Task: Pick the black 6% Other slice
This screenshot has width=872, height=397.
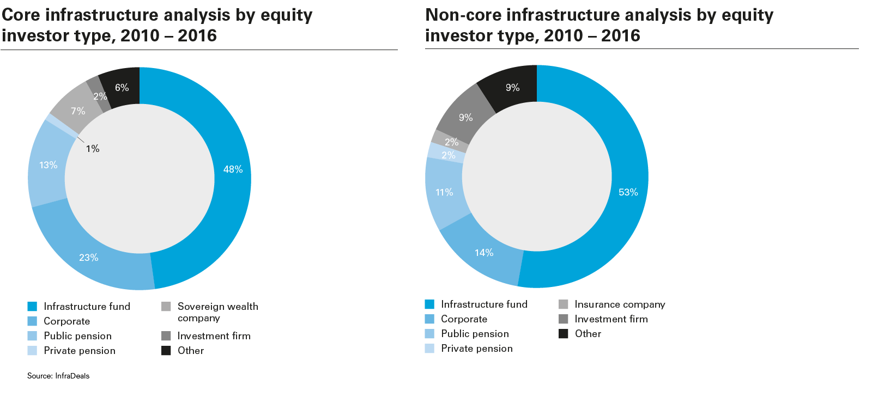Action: point(122,87)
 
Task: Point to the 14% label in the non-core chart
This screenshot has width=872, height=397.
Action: point(484,253)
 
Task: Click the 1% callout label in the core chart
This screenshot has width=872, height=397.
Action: point(93,149)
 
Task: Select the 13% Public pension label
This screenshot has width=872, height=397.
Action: point(48,165)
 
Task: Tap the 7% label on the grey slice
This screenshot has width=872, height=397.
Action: point(78,111)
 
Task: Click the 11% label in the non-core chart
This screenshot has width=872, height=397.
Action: point(444,192)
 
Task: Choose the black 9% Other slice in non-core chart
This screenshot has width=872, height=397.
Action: point(512,87)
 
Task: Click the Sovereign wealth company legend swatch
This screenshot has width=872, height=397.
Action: point(166,307)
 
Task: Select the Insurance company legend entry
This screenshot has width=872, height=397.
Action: point(620,304)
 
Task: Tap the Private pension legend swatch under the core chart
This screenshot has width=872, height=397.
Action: point(32,351)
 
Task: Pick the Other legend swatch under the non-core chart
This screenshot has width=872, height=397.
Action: point(564,334)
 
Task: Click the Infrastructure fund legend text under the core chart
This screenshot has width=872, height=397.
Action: point(87,307)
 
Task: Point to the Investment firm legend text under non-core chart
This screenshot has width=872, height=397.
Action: point(611,319)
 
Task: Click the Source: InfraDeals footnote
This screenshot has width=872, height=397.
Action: point(58,376)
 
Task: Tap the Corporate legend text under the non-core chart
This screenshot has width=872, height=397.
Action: point(464,319)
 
